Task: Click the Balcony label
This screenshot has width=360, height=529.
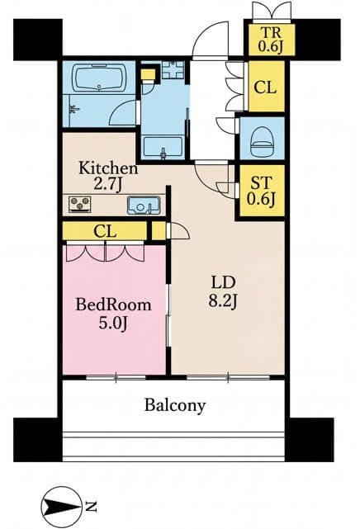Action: point(175,405)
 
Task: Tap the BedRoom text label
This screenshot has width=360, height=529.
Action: point(113,305)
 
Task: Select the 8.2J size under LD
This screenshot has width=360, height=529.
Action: point(222,300)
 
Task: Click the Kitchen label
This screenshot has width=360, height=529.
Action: point(108,168)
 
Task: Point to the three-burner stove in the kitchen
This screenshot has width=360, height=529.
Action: point(80,205)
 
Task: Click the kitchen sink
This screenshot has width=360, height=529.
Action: point(144,205)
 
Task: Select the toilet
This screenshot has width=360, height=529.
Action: point(262,142)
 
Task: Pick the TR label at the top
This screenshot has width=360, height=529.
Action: point(270,33)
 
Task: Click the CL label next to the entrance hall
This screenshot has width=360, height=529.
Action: point(265,87)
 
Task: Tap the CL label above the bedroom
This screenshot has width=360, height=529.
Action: point(105,232)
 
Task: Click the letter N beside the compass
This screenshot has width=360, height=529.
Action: point(91,506)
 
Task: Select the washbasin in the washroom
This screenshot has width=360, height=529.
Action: point(163,147)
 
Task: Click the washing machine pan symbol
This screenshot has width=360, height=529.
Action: point(173,70)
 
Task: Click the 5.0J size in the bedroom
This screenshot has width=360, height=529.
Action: point(113,324)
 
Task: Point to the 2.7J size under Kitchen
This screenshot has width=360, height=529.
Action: point(108,184)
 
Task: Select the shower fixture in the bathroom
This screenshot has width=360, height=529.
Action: point(73,109)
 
